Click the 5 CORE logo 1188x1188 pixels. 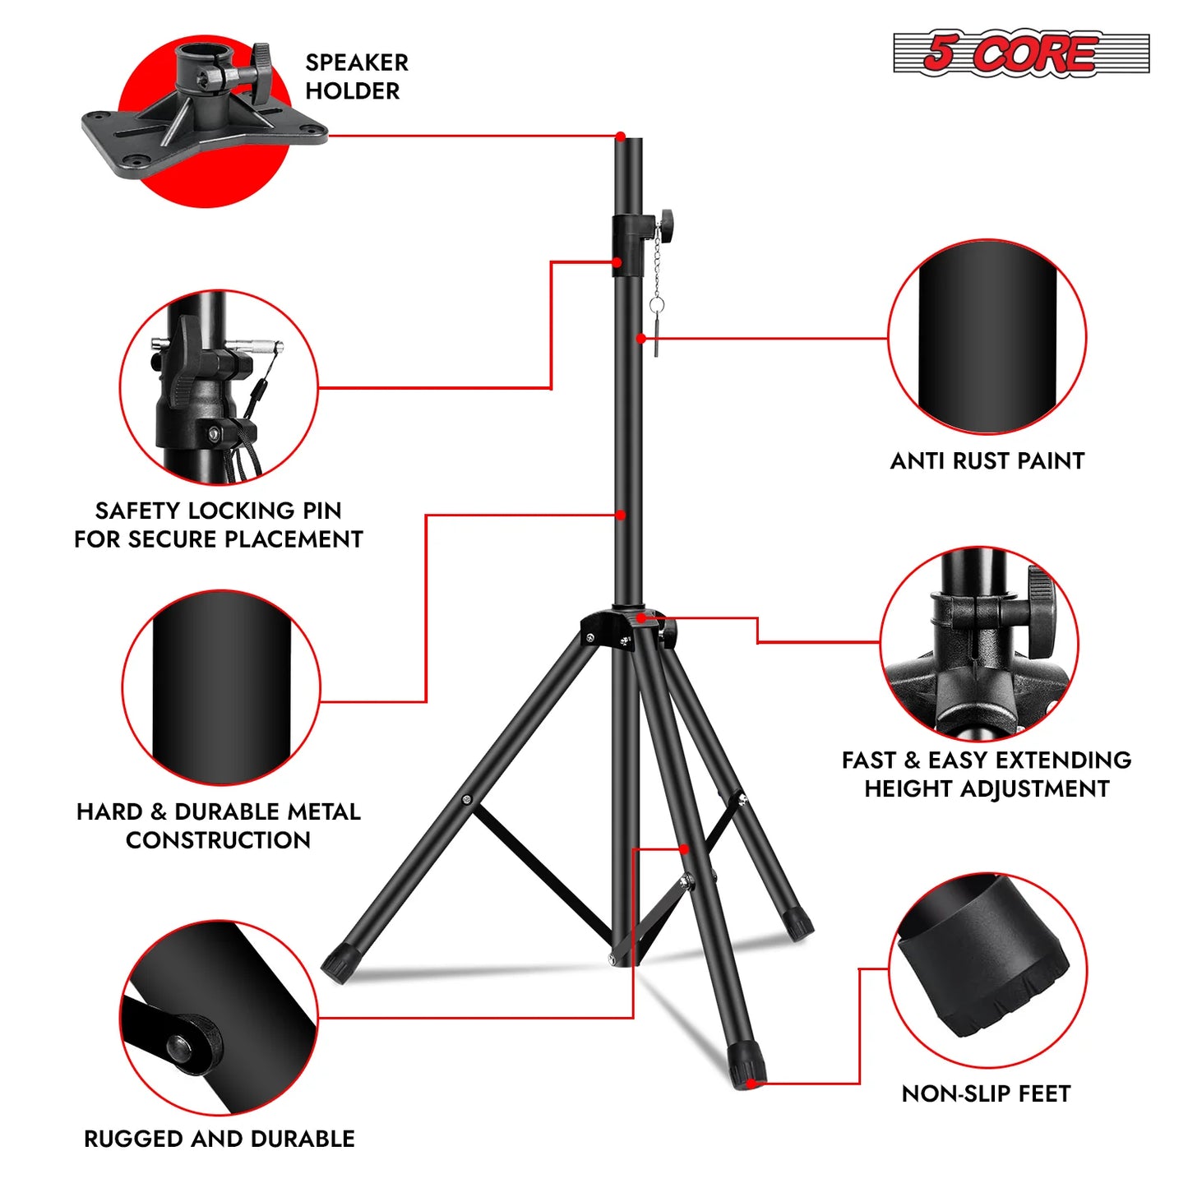click(1020, 54)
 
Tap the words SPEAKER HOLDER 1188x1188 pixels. click(356, 76)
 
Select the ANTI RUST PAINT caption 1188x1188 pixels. click(987, 461)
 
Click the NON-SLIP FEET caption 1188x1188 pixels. click(986, 1094)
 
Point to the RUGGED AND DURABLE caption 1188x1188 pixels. click(220, 1139)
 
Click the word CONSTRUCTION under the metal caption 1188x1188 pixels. click(218, 840)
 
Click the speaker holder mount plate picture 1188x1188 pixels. click(205, 107)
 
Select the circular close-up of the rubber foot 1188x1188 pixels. click(987, 971)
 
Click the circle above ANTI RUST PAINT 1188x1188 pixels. click(987, 338)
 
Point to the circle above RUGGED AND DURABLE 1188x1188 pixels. click(220, 1019)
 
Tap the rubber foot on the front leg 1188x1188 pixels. click(747, 1066)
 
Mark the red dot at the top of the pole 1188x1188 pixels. click(621, 136)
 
